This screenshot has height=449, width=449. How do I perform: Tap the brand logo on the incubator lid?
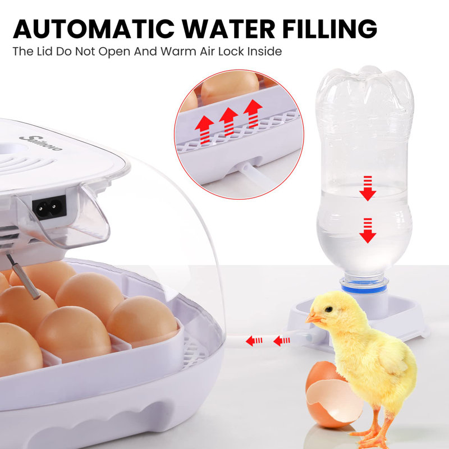[x=40, y=143]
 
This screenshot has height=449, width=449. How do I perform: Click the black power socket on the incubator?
[x=49, y=207]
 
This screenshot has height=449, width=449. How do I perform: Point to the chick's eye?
[x=329, y=309]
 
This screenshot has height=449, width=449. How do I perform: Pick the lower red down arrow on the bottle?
[x=368, y=230]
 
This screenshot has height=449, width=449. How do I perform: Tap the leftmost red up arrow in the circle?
[x=204, y=130]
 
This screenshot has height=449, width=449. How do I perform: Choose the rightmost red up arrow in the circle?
[x=253, y=113]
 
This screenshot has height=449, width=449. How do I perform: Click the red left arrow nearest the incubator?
[x=254, y=341]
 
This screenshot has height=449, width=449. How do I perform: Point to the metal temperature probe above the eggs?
[x=24, y=277]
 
